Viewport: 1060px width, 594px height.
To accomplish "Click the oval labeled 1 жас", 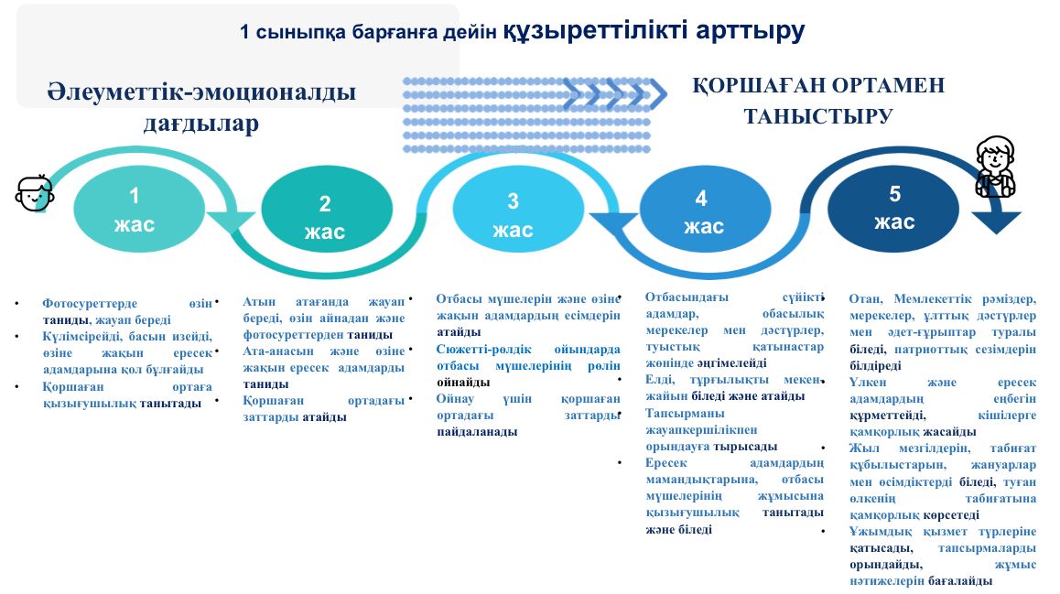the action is coord(138,209).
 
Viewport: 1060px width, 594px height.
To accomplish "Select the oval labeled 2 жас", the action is coord(327,209).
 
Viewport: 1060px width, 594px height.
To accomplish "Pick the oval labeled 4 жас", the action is coord(705,209).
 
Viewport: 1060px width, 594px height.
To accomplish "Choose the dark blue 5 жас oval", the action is coord(893,209).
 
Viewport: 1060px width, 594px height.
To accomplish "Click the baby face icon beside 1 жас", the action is coord(35,193).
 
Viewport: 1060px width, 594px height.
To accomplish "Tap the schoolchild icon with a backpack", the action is coord(995,167).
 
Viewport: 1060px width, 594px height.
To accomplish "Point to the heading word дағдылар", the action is coord(200,123).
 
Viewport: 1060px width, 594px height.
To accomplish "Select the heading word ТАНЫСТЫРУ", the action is coord(818,116).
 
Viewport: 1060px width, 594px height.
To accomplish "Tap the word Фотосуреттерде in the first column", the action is coord(89,304).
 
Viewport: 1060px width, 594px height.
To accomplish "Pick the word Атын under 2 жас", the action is coord(260,301).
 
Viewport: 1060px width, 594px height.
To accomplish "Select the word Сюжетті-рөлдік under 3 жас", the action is coord(483,350).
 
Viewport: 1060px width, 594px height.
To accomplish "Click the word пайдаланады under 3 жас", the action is coord(477,432).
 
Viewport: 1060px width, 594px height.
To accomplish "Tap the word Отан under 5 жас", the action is coord(865,299).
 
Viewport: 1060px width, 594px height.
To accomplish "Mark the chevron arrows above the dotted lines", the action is coord(615,94).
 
